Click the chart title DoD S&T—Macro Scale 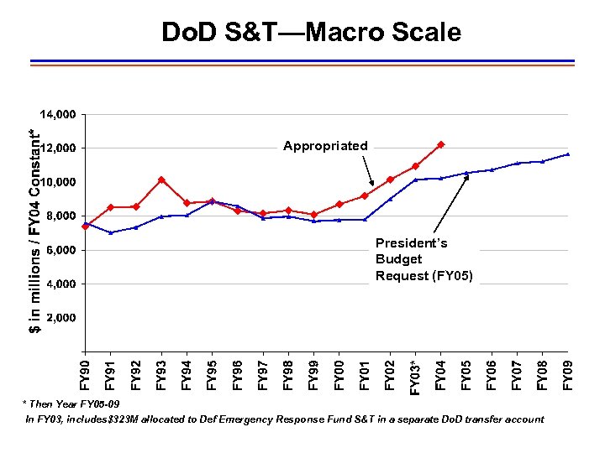pos(311,33)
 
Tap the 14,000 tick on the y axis pos(59,114)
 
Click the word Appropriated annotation pos(325,146)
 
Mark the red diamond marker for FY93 pos(161,180)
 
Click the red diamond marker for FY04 pos(441,144)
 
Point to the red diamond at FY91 pos(111,207)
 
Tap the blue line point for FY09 pos(569,154)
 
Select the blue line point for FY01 pos(365,220)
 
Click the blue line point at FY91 pos(111,232)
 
